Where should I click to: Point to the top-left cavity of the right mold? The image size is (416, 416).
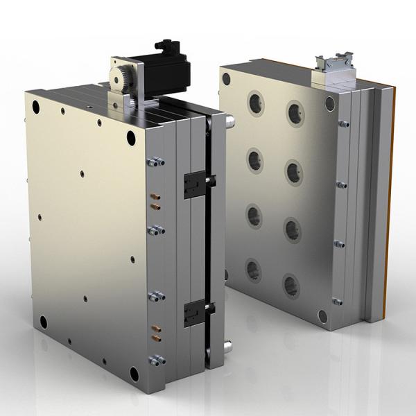pyautogui.click(x=257, y=104)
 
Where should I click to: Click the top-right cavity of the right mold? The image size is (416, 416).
pyautogui.click(x=295, y=112)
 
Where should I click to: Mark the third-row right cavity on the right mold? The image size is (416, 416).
pyautogui.click(x=293, y=229)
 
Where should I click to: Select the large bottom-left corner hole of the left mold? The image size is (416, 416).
pyautogui.click(x=43, y=322)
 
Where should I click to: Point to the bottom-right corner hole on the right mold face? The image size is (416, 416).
pyautogui.click(x=322, y=315)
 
